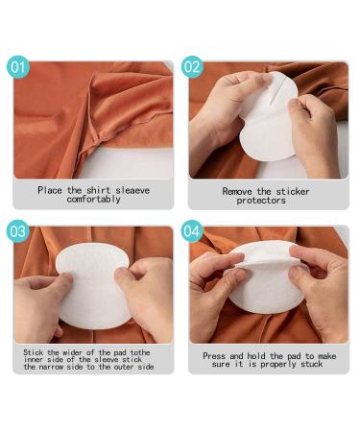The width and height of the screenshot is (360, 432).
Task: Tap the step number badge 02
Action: click(192, 68)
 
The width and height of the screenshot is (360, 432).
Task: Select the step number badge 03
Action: click(19, 231)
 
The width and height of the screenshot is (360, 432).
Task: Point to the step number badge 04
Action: click(193, 232)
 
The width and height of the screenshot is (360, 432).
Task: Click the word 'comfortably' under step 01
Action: click(93, 199)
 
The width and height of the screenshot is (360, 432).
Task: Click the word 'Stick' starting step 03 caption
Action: click(34, 352)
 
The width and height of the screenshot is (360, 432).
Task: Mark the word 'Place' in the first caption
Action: click(50, 190)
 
